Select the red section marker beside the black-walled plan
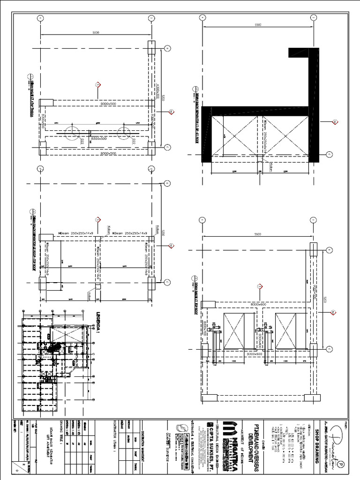(335, 122)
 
